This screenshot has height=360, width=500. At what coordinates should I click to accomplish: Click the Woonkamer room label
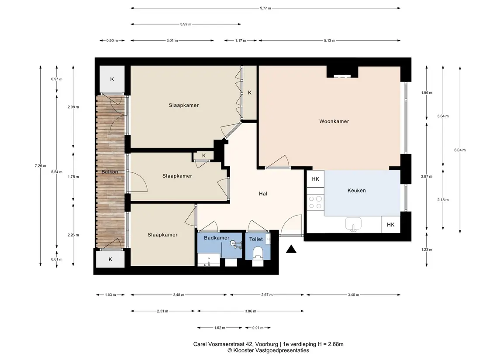point(334,121)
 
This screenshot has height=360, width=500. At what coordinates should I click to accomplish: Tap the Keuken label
point(356,191)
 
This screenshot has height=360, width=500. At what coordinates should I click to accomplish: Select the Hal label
point(263,193)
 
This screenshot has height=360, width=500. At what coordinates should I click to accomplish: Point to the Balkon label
point(110,172)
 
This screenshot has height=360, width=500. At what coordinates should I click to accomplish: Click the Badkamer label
point(217,238)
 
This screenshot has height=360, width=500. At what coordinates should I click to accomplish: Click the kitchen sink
point(353,224)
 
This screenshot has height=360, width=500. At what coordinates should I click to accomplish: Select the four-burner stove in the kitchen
point(315,202)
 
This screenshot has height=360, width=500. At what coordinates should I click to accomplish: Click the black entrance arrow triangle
point(291,249)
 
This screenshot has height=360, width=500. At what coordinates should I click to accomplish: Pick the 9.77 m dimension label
point(266,8)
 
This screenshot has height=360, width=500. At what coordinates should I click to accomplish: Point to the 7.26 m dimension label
point(41,166)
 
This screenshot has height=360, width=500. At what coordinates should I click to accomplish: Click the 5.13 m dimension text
point(329,41)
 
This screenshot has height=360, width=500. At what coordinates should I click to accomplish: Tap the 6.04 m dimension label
point(460,150)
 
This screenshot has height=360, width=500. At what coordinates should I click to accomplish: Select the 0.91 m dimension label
point(258,328)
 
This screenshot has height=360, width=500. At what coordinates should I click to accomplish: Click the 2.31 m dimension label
point(162,311)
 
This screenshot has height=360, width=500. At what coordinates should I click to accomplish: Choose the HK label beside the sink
point(391,225)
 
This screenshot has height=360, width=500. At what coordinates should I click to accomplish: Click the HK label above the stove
point(315,179)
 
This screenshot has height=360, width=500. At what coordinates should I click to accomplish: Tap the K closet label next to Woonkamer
point(250,93)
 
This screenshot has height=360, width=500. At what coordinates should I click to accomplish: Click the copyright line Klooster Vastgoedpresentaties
point(268,350)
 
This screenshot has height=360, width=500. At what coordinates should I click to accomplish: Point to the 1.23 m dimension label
point(427,250)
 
